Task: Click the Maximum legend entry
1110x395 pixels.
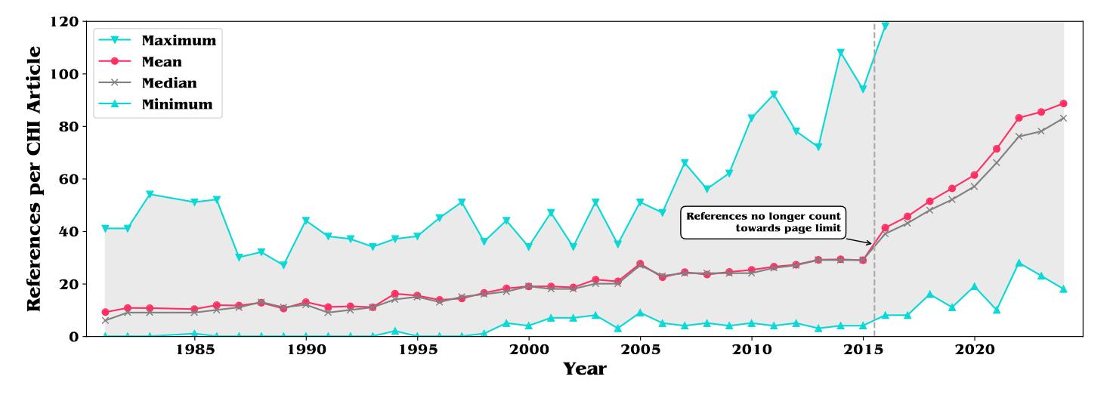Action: pos(179,40)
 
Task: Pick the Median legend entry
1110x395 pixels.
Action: pos(169,83)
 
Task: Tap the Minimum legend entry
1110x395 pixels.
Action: pos(177,104)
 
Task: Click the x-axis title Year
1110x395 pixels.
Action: pos(584,370)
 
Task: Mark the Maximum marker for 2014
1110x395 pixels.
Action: pos(840,53)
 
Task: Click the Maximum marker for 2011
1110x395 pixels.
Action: pos(774,94)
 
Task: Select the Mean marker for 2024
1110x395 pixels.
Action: pos(1063,103)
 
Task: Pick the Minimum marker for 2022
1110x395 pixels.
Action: pos(1019,263)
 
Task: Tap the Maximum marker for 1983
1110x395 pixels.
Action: pos(150,194)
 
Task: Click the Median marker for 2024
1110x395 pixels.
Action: pos(1063,118)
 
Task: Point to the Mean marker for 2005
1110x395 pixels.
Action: pos(640,264)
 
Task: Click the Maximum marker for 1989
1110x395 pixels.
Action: pos(283,265)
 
